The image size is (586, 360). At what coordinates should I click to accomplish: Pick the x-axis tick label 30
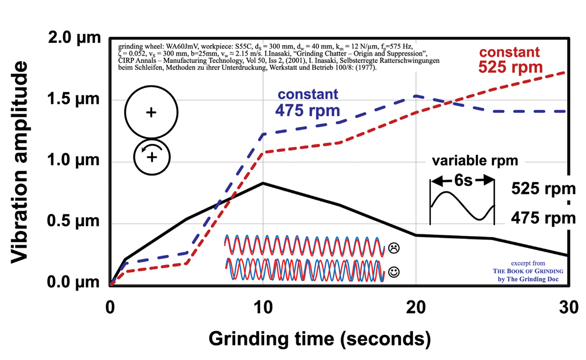pos(568,307)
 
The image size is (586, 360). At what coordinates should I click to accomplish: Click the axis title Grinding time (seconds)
pos(320,338)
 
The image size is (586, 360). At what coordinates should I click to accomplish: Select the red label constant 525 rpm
pos(510,60)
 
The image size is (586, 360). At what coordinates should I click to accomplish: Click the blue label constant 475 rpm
pos(307,102)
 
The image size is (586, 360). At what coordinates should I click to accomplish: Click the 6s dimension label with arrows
pos(462,181)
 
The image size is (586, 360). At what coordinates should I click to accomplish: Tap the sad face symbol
pos(394,247)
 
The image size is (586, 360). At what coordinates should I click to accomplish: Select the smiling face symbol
pos(394,272)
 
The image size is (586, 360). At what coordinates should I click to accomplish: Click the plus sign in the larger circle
pos(151,113)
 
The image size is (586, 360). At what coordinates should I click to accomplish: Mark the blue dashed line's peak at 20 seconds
pos(416,96)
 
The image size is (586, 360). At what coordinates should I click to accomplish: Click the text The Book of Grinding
pos(528,271)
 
